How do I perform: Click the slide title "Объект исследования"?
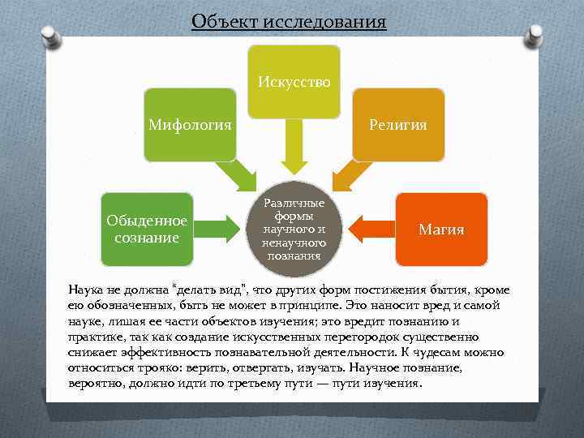click(289, 19)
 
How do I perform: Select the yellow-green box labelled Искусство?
click(294, 81)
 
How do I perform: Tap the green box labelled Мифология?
click(190, 125)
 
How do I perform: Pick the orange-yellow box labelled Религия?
click(398, 125)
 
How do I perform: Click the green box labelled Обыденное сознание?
click(147, 230)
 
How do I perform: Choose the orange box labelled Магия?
click(441, 230)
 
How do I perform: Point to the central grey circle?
click(294, 229)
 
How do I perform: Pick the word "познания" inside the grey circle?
click(294, 255)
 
